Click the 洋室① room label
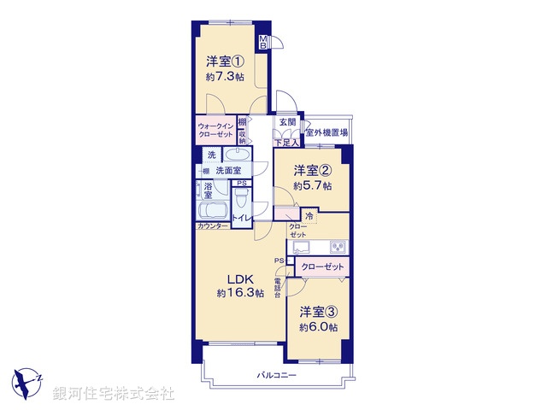224,61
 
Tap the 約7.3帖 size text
224,76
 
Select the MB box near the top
263,42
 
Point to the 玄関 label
286,122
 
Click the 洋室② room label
313,170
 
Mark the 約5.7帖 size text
313,185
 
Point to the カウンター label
213,226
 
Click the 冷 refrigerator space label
309,217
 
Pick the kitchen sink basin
303,248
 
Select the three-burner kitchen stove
335,248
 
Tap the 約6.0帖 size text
318,327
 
